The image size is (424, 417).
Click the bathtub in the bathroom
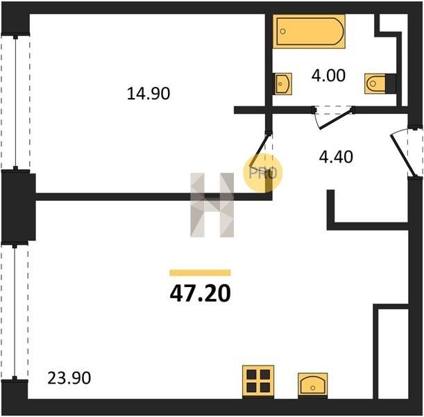[309, 31]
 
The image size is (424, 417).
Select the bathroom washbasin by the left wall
[282, 84]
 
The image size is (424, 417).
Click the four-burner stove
[258, 382]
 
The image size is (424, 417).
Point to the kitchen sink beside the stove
[313, 385]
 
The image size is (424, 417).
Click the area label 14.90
[149, 94]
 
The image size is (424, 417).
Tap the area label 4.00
[328, 76]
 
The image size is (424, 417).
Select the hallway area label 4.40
[336, 157]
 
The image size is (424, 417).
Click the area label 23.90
[69, 378]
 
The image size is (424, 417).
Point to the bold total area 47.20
[201, 294]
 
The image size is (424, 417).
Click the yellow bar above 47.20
[200, 272]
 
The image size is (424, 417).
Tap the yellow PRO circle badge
[262, 173]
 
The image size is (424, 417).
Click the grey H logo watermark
[212, 205]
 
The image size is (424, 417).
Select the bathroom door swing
[333, 118]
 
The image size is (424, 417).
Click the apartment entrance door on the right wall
[406, 153]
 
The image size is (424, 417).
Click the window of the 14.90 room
[16, 102]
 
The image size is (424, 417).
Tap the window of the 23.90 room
[15, 312]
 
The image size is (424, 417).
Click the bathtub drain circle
[283, 31]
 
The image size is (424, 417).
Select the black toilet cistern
[391, 83]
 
